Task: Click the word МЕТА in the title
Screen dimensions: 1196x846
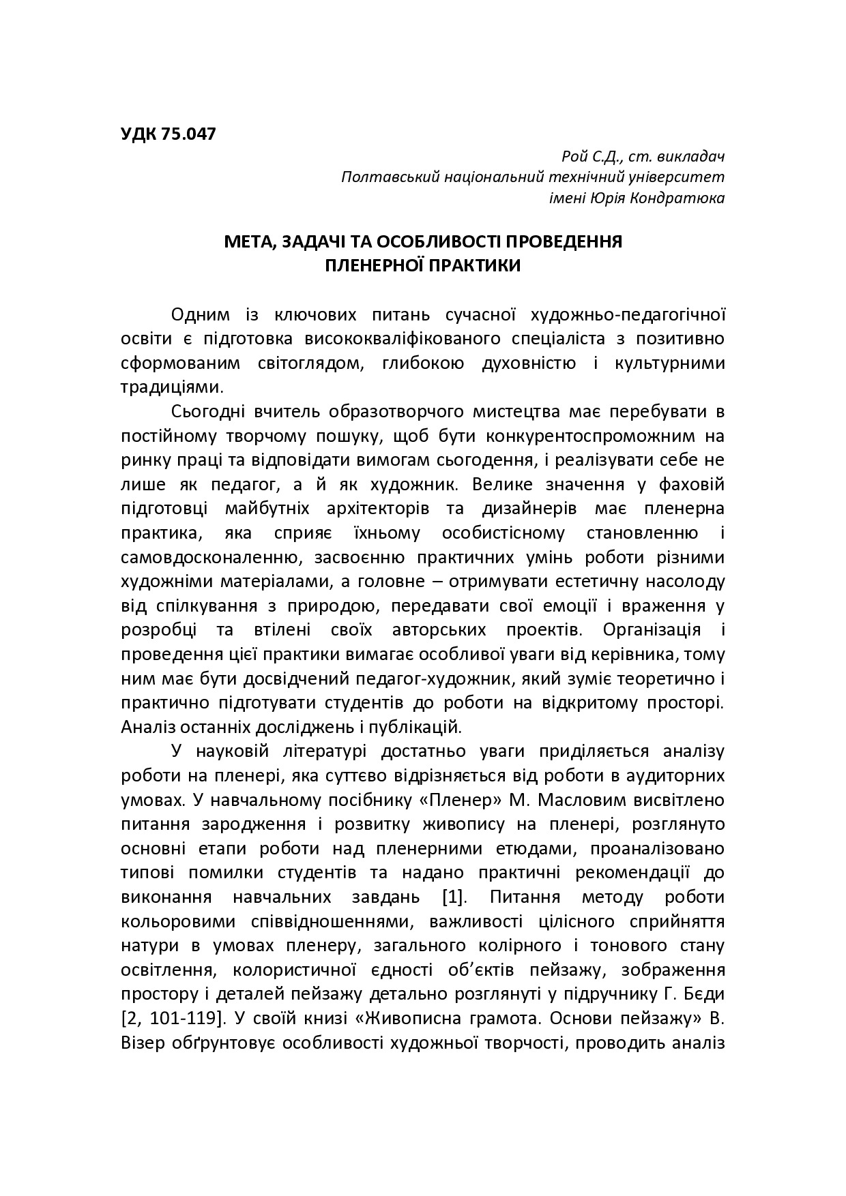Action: click(x=248, y=242)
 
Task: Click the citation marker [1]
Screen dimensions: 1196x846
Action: click(x=453, y=897)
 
